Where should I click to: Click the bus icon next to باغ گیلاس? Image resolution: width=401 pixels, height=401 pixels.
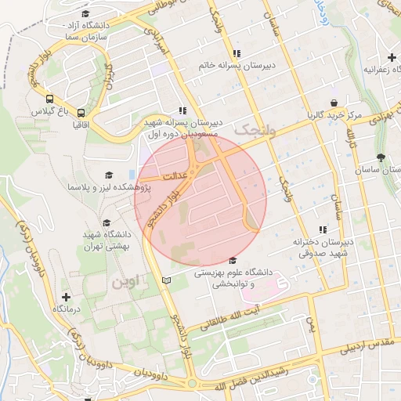50,99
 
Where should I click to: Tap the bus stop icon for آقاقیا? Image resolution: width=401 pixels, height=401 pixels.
81,112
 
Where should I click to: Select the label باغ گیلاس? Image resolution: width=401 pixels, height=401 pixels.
45,112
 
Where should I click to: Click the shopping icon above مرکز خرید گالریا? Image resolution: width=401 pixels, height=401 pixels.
334,103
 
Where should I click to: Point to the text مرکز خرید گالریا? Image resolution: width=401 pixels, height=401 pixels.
334,115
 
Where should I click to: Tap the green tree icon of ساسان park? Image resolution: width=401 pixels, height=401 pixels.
381,157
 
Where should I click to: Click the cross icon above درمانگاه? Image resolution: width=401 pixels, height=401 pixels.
66,298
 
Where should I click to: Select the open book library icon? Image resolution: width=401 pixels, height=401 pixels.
164,280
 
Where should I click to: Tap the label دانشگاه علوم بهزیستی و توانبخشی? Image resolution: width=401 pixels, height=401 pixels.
232,278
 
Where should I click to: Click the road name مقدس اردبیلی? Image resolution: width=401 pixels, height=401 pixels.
370,349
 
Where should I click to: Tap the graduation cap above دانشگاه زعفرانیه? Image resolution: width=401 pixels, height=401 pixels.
392,57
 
